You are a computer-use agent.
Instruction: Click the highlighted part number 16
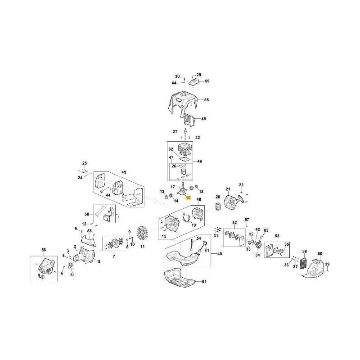click(189, 198)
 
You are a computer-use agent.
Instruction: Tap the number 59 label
click(207, 81)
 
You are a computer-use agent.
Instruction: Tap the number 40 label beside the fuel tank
click(220, 254)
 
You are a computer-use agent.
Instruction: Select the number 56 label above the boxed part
click(44, 250)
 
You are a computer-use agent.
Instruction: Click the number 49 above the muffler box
click(124, 172)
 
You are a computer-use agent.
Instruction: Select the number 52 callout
click(234, 223)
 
